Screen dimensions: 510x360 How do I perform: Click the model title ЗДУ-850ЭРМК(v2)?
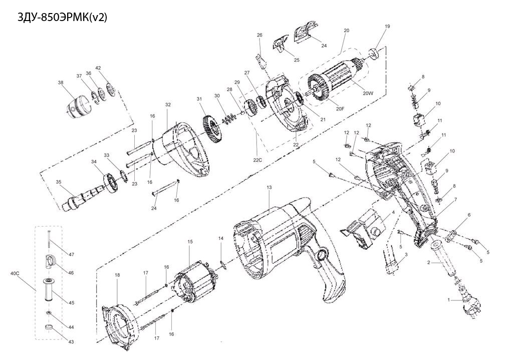[x=62, y=17]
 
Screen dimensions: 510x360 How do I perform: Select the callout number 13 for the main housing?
[x=269, y=188]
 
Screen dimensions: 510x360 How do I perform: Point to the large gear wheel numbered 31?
[x=213, y=128]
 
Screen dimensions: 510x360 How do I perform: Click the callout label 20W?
[x=368, y=93]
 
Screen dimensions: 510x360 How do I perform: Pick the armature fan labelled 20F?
[x=319, y=88]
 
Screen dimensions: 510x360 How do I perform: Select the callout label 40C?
[x=15, y=273]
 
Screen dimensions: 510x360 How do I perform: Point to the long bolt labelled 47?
[x=49, y=240]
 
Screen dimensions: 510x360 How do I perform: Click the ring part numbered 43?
[x=49, y=327]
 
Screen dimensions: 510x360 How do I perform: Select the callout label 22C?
[x=258, y=160]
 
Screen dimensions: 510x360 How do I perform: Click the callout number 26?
[x=259, y=35]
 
